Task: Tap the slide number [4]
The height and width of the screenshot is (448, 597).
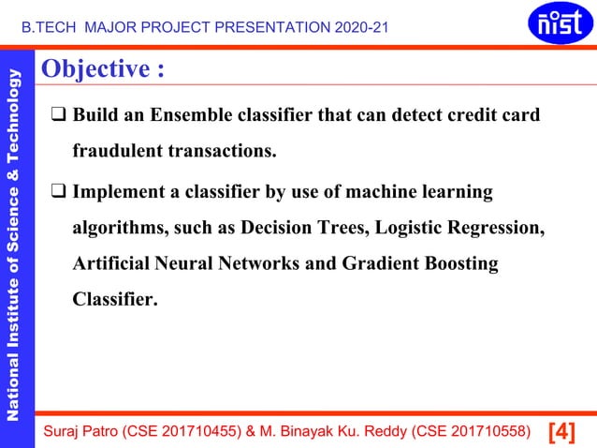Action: (561, 431)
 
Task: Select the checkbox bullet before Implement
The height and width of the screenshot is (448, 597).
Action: (58, 193)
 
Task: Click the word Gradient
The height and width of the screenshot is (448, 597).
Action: (384, 263)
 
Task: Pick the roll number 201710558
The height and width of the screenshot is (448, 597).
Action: (486, 431)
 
